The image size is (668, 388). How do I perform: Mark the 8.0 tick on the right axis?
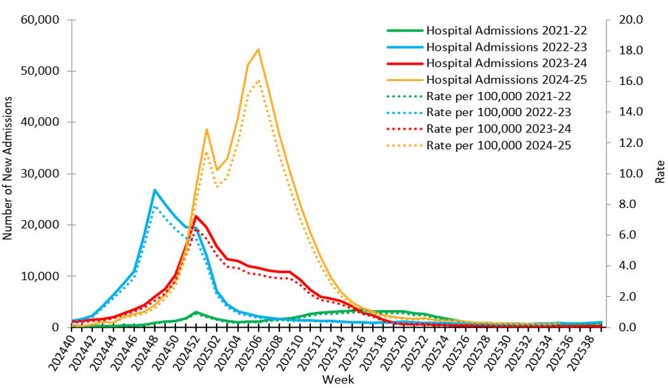point(621,205)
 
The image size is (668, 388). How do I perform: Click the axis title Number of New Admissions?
point(8,169)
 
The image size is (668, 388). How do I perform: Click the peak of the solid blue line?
point(155,190)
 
